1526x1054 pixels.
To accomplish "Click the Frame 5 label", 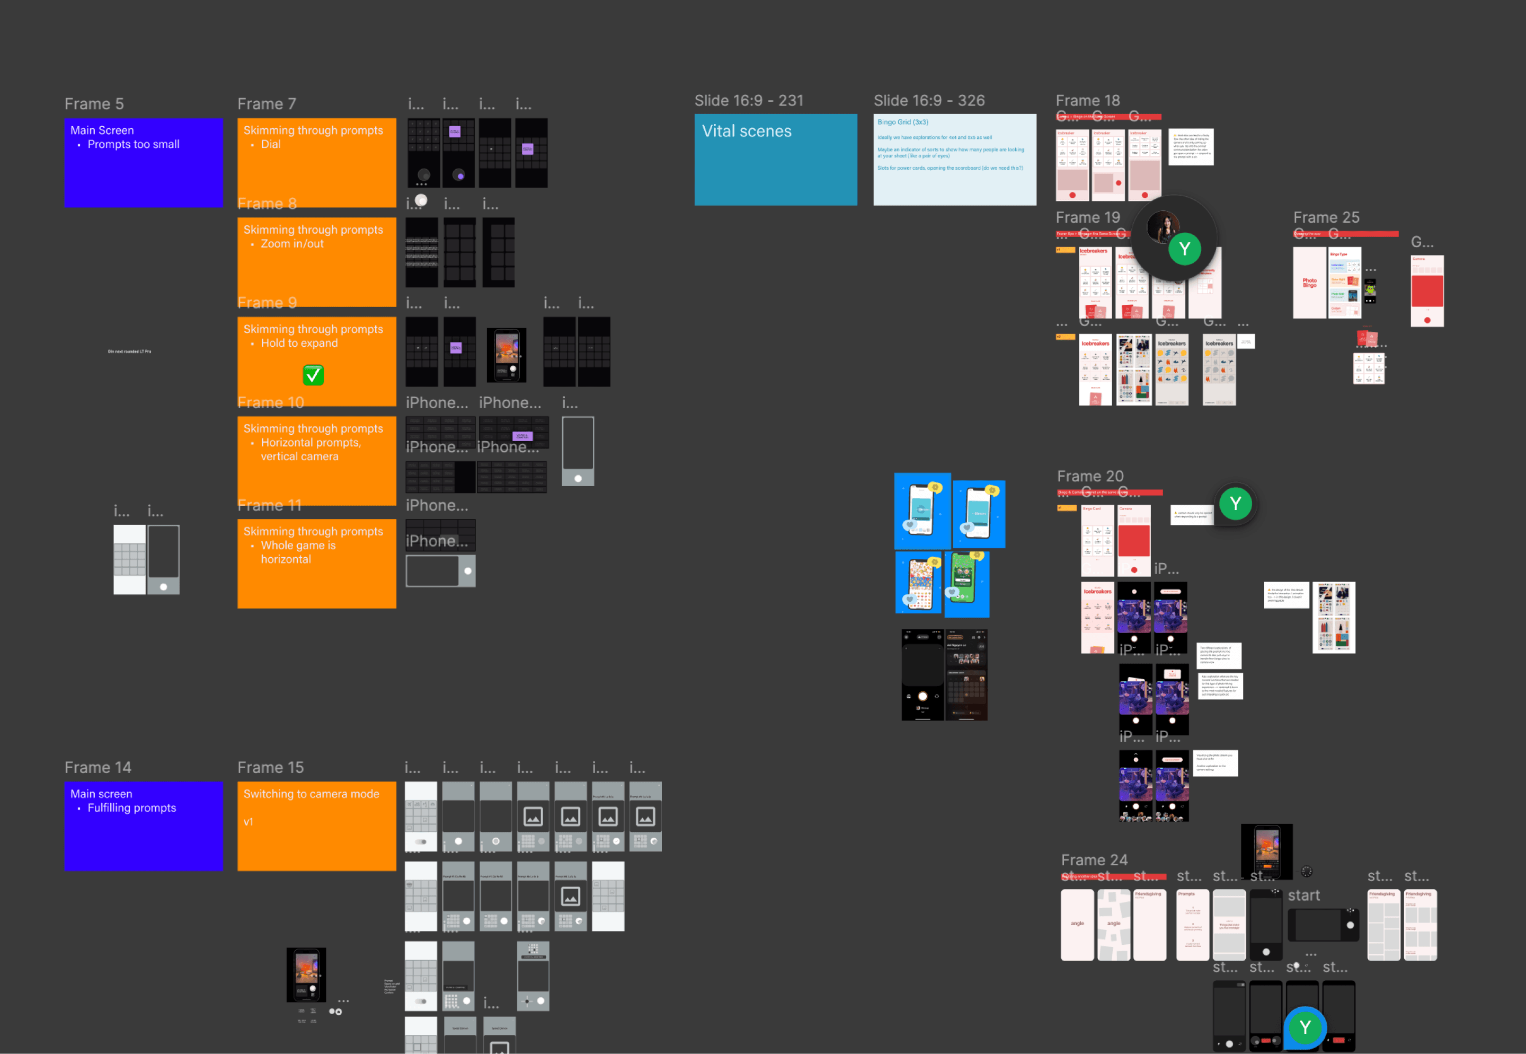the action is (94, 104).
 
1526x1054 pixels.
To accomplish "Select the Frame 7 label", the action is (267, 104).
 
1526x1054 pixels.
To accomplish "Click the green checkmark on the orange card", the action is (313, 375).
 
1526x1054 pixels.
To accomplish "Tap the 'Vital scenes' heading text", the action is (746, 131).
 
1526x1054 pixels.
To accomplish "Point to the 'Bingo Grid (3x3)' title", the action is (902, 122).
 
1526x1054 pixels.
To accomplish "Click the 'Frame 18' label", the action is (1087, 100).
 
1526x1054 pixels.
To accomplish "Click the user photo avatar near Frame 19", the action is (1163, 226).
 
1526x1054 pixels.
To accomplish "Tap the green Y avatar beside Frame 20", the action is (1235, 504).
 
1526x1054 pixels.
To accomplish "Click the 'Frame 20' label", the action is (1090, 476).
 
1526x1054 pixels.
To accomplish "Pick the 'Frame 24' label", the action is (1094, 860).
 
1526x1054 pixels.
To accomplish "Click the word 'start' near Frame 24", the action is (1303, 895).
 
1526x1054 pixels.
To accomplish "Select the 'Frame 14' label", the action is (97, 767).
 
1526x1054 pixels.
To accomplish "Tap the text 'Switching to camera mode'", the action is (311, 794).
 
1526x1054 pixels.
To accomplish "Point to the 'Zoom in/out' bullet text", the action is (292, 244).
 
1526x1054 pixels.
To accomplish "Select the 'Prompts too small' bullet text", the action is (134, 144).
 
